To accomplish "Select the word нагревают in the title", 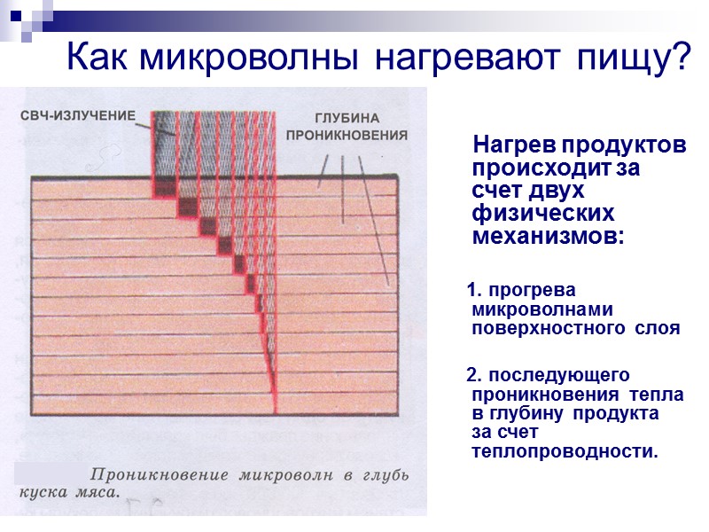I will point(467,59).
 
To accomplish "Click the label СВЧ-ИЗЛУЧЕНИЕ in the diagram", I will point(78,115).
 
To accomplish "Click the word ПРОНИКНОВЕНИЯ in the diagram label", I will point(347,137).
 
